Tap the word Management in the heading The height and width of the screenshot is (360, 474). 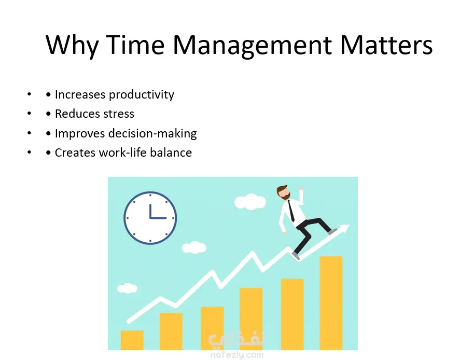pos(253,46)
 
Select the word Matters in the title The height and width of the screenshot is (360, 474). pos(386,45)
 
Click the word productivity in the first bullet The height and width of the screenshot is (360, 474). pos(142,95)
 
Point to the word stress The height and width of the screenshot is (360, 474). pos(119,114)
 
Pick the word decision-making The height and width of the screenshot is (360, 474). pos(152,134)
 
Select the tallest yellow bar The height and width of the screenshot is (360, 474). pos(331,303)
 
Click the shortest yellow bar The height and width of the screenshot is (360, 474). pos(132,340)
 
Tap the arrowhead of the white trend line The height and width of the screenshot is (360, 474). pos(344,228)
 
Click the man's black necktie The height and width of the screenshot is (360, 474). pos(291,211)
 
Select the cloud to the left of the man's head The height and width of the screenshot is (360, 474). pos(250,202)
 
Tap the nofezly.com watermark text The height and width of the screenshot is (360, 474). pos(236,355)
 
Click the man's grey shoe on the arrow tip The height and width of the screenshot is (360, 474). pos(332,231)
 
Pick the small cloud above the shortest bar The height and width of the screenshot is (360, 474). pos(127,288)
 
